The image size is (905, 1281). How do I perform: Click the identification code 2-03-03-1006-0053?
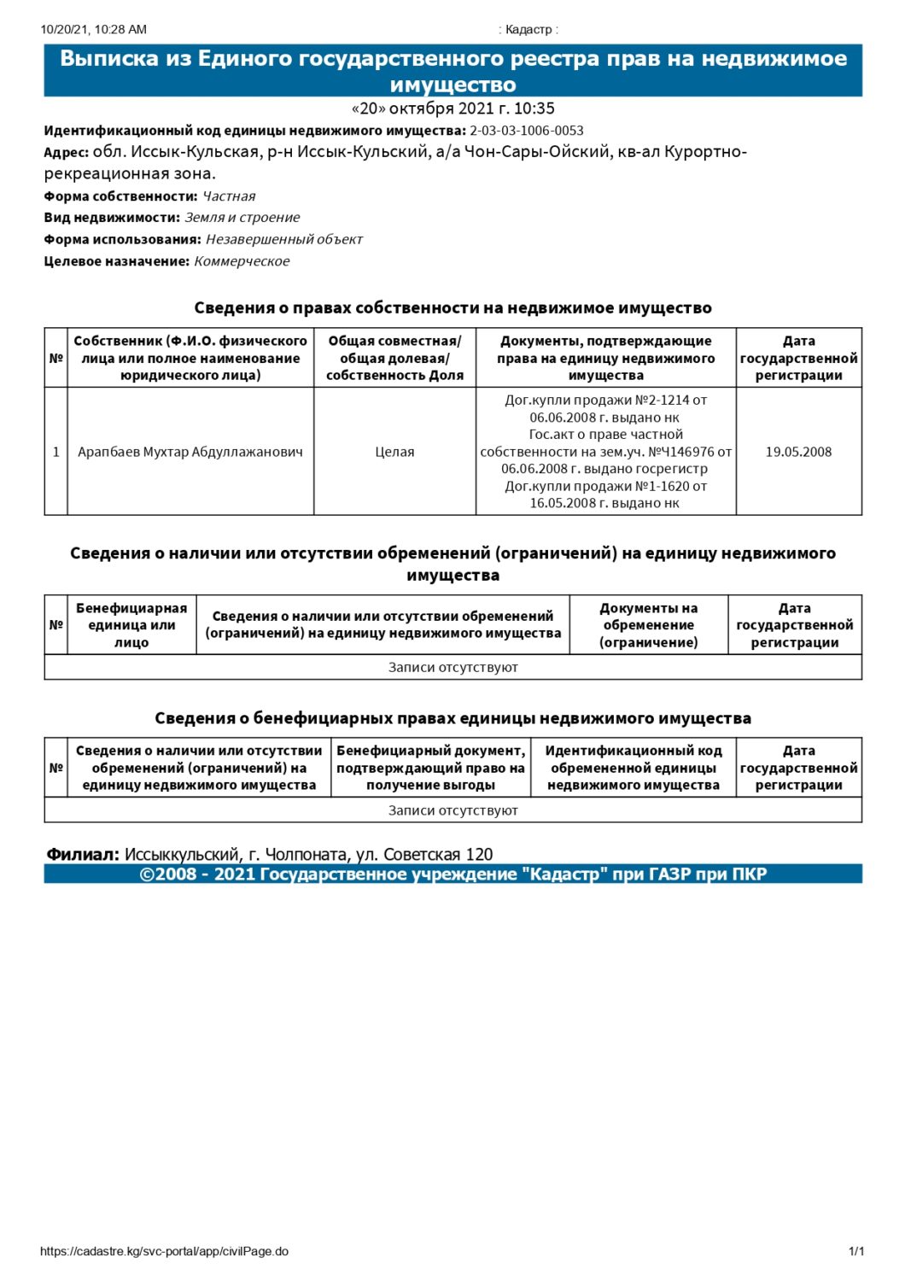526,131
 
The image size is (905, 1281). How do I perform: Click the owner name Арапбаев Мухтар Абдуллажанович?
190,452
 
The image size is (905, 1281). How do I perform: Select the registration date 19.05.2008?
798,452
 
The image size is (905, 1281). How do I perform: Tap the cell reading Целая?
394,452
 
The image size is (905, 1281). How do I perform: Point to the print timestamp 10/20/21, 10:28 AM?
93,29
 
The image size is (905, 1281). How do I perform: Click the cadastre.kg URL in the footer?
164,1251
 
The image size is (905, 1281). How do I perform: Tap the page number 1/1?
856,1251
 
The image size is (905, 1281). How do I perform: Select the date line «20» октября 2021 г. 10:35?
452,108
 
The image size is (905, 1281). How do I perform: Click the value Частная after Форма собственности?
229,196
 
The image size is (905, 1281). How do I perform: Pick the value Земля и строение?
242,218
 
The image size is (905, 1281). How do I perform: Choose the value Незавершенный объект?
283,240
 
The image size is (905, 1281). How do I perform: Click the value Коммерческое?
242,261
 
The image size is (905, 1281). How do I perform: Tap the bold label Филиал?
83,854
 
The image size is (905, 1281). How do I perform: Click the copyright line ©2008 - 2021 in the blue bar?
452,874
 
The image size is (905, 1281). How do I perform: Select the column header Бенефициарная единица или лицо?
131,625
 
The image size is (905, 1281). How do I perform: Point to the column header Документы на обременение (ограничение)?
648,625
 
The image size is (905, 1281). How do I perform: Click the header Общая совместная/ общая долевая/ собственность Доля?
394,358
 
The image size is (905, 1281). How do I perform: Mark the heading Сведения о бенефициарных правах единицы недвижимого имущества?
452,718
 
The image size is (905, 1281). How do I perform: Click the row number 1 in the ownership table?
56,452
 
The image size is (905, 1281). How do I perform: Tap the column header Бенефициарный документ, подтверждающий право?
430,768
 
